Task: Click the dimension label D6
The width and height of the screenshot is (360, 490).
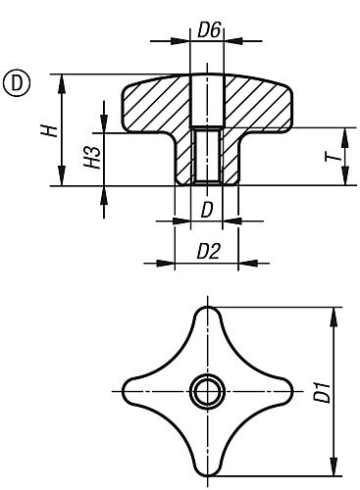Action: (207, 31)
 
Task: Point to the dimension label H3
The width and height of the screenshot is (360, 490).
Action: (91, 159)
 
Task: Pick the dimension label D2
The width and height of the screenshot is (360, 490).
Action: (207, 251)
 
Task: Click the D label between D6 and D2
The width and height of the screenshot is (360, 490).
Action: (206, 211)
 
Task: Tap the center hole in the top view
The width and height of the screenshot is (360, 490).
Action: (206, 392)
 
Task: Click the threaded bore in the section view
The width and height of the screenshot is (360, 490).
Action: (206, 157)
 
